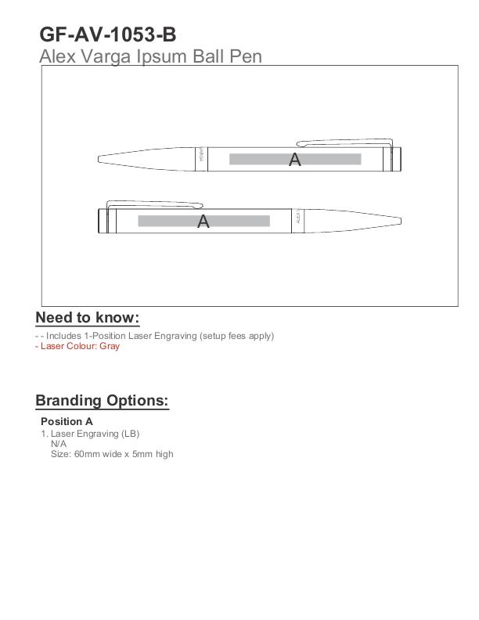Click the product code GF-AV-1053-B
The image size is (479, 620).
[x=107, y=35]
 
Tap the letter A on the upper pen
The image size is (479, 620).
[x=294, y=160]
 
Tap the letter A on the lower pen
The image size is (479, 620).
[x=203, y=222]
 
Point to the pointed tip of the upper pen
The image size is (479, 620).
[x=101, y=159]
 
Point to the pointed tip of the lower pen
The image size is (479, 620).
[x=399, y=221]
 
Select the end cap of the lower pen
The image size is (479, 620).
[x=102, y=221]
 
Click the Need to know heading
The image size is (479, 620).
[x=87, y=317]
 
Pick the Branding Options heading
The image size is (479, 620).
[x=102, y=400]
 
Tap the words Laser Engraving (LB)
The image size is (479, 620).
[x=95, y=434]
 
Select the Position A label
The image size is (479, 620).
[x=67, y=421]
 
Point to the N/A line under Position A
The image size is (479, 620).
[x=59, y=444]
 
